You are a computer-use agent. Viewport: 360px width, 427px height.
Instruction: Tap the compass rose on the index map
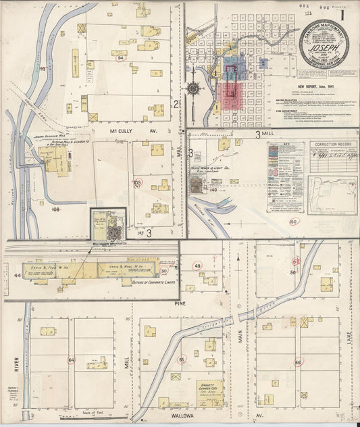[194, 88]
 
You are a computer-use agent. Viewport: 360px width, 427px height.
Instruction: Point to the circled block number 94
[121, 58]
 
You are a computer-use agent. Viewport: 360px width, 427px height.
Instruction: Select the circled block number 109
[138, 182]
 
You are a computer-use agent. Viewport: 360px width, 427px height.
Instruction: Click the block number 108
[55, 210]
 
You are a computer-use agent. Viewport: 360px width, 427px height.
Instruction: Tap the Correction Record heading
[333, 144]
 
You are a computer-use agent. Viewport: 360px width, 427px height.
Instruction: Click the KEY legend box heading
[286, 145]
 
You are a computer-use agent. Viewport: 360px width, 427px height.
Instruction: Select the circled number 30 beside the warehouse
[163, 271]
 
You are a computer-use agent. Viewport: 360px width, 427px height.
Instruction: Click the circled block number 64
[71, 361]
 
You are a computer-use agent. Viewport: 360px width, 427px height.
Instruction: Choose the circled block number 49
[197, 266]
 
